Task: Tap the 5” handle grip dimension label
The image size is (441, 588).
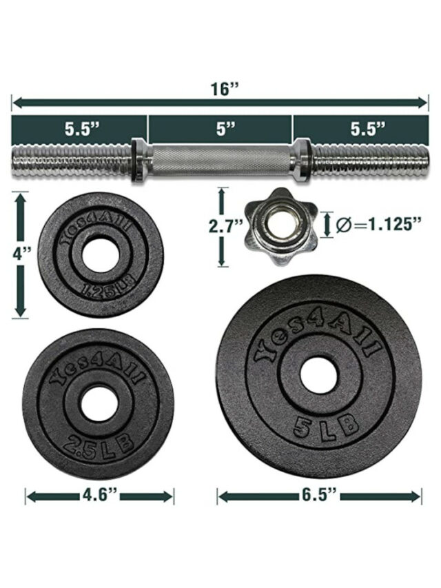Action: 226,129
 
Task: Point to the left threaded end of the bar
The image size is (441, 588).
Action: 72,161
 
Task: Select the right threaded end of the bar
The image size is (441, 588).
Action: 369,161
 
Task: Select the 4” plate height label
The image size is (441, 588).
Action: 21,254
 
